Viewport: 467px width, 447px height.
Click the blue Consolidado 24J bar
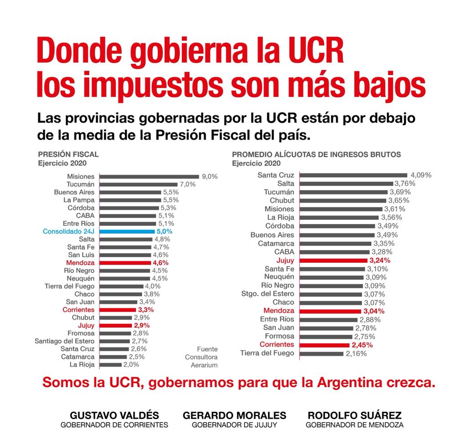(127, 231)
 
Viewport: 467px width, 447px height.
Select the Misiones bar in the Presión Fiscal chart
(149, 177)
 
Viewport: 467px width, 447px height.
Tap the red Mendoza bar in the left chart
(125, 263)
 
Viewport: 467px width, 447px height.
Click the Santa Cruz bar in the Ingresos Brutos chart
(353, 175)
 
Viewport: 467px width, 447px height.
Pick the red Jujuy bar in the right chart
(333, 260)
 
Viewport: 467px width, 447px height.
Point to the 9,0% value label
(210, 177)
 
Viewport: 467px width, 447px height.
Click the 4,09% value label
(421, 175)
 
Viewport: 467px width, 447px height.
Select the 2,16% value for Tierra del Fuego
(356, 354)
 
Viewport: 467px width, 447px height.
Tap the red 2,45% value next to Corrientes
(362, 345)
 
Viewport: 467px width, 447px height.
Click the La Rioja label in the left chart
(82, 365)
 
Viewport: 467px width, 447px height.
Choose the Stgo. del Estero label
(267, 294)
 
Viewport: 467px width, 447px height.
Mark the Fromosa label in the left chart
(81, 333)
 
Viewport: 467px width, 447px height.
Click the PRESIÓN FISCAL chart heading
(68, 154)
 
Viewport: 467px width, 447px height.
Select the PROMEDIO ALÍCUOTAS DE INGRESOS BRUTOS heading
(317, 154)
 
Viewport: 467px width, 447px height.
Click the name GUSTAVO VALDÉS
(114, 415)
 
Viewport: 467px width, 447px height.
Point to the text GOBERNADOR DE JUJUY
(234, 425)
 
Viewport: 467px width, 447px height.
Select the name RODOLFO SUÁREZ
(354, 415)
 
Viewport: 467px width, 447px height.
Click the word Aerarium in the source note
(204, 365)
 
